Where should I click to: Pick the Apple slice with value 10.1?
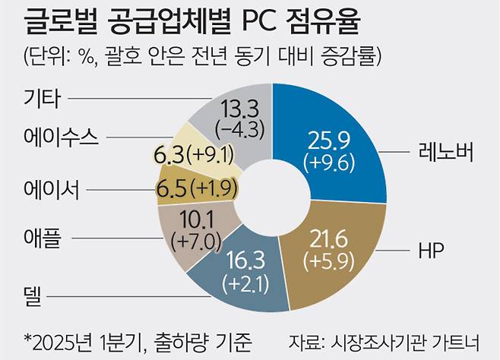tap(188, 234)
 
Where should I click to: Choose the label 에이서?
tap(52, 187)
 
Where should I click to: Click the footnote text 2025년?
tap(59, 338)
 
